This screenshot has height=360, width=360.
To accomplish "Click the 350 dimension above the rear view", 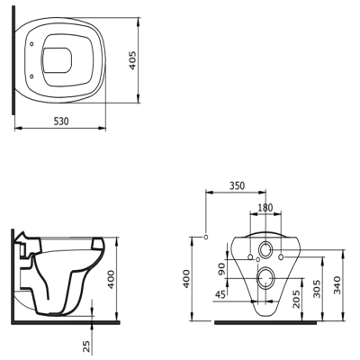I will [236, 186].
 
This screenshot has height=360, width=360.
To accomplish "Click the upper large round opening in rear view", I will [266, 249].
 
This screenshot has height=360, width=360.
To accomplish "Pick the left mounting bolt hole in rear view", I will [249, 258].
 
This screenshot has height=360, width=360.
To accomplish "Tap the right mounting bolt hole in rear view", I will [283, 258].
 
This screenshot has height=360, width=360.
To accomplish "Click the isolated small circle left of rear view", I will [207, 237].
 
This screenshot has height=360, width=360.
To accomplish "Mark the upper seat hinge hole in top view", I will [33, 42].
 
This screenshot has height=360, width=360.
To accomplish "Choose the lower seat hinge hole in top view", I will [33, 75].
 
